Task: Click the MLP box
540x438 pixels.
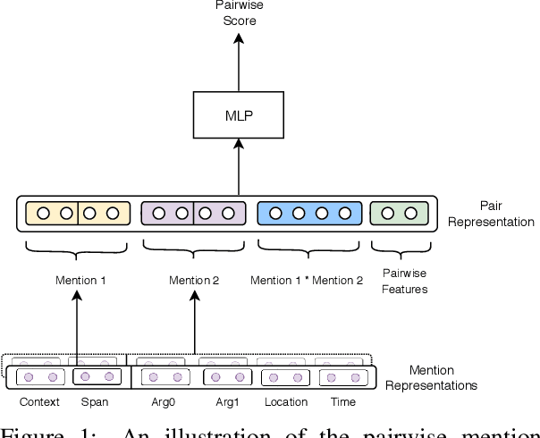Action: pos(238,115)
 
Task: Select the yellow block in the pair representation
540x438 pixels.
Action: pos(77,214)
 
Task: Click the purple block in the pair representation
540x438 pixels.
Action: pos(193,214)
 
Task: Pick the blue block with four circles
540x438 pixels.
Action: pos(309,214)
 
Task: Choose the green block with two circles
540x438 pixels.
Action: pos(399,214)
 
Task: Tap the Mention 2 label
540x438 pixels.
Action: pos(194,281)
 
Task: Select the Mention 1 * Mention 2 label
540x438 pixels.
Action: pos(307,281)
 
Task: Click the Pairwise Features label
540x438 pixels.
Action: pos(404,281)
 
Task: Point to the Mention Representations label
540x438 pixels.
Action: pos(443,377)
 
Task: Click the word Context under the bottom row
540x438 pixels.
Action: pos(39,402)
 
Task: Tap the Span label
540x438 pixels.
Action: pos(94,402)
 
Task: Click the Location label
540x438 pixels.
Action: pos(285,402)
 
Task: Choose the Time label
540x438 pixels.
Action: pos(342,402)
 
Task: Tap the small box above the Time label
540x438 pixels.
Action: pos(342,378)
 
